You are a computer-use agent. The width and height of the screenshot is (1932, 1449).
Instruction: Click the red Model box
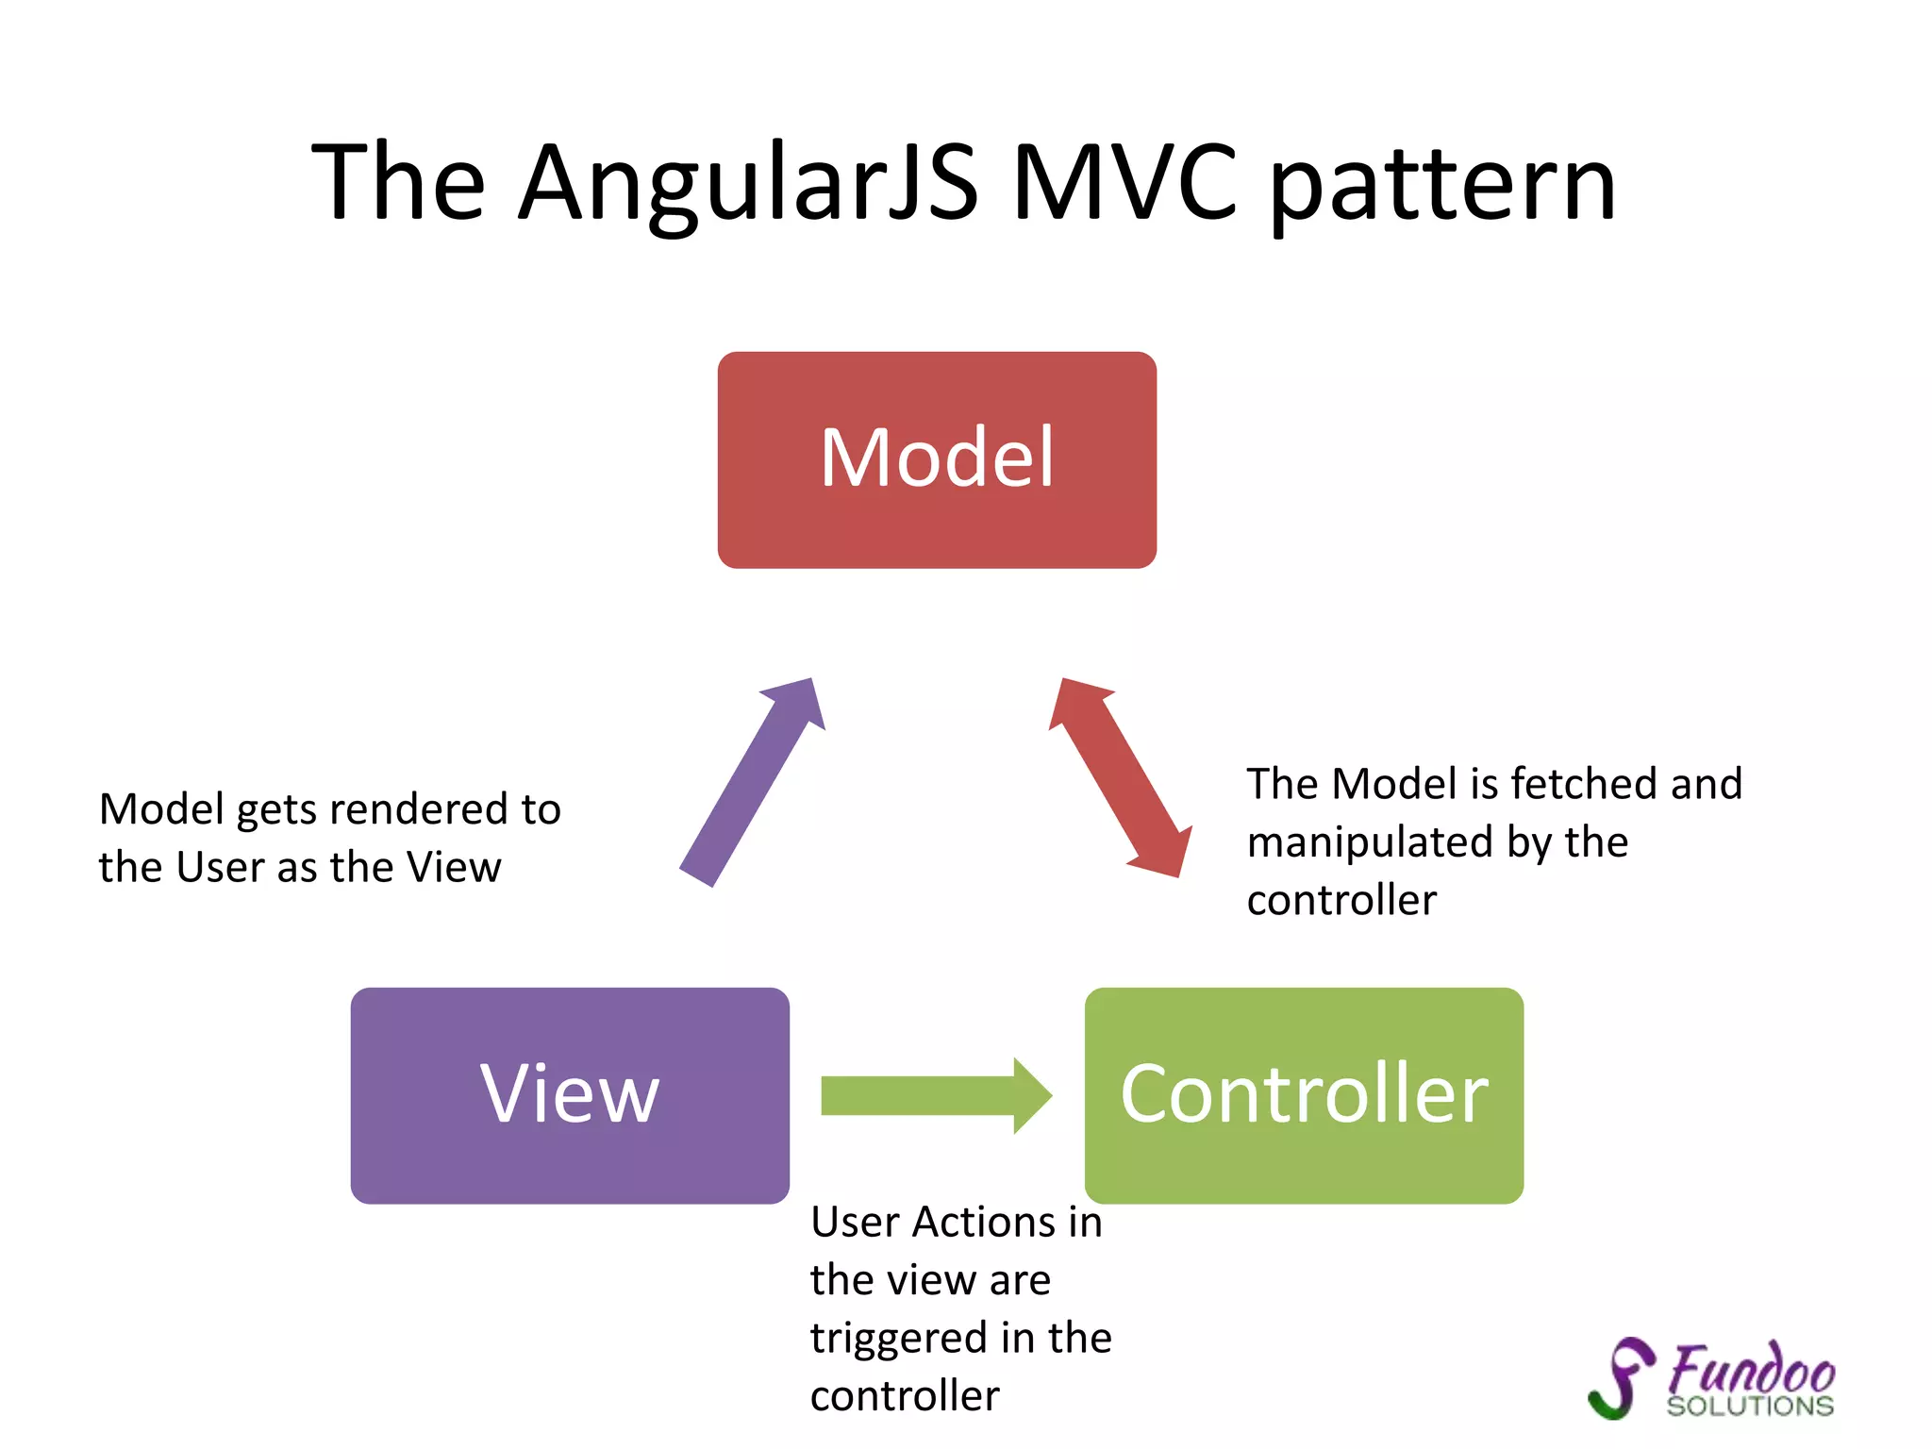point(937,459)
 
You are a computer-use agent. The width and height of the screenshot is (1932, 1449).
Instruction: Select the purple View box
point(570,1095)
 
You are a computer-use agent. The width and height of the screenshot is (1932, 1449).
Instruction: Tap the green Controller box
point(1304,1095)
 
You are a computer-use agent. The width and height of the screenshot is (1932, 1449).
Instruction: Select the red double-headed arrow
point(1121,778)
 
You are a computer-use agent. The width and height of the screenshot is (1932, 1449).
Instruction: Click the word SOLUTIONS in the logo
point(1750,1407)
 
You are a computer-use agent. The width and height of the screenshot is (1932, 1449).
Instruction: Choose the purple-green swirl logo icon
point(1621,1377)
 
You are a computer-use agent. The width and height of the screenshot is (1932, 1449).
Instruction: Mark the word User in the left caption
point(219,867)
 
